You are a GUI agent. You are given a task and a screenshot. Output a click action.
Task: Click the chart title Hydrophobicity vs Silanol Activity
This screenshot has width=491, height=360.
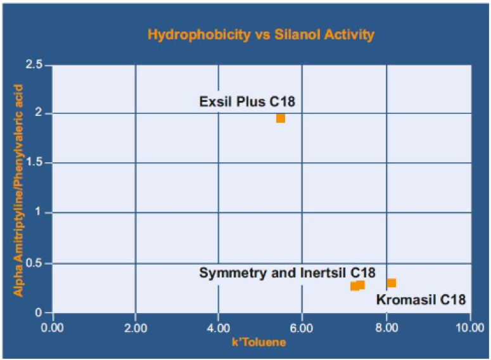pyautogui.click(x=260, y=34)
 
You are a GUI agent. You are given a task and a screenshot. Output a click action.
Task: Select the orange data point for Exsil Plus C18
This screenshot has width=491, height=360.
pyautogui.click(x=281, y=119)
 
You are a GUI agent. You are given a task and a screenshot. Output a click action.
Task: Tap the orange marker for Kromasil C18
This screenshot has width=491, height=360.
pyautogui.click(x=392, y=283)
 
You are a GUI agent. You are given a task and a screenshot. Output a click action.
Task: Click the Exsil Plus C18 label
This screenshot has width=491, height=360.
pyautogui.click(x=247, y=101)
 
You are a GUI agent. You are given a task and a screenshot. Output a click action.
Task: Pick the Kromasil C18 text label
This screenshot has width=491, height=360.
pyautogui.click(x=421, y=299)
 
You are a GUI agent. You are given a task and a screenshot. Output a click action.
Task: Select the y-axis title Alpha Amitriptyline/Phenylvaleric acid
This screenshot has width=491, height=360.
pyautogui.click(x=19, y=190)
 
